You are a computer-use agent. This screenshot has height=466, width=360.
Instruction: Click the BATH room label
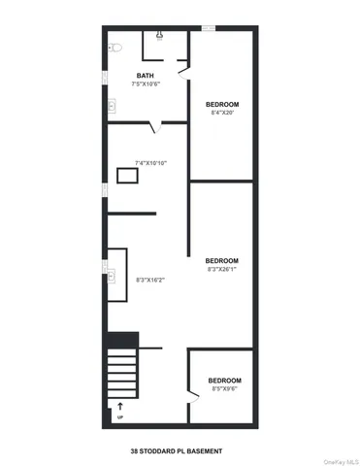tap(145, 75)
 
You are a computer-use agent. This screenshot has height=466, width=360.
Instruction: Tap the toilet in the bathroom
tap(114, 47)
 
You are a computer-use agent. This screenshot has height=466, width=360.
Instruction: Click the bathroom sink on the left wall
tap(112, 106)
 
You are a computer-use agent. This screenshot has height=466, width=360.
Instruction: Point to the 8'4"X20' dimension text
tap(222, 113)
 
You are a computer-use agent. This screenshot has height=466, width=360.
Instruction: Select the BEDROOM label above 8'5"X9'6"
tap(224, 380)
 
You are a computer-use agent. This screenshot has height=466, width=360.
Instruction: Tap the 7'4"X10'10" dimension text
tap(151, 162)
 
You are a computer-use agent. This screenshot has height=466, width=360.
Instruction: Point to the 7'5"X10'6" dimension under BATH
tap(145, 83)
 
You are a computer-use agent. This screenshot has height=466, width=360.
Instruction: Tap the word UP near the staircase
tap(120, 417)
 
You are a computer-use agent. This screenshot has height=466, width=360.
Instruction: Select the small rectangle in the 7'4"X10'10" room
tap(128, 176)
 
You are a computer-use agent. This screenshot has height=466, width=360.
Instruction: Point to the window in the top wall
tap(209, 28)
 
